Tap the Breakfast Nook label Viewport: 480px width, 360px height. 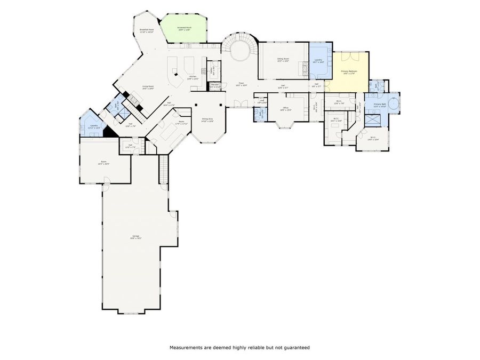click(147, 31)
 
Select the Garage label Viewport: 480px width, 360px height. click(136, 237)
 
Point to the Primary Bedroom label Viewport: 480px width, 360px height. click(349, 71)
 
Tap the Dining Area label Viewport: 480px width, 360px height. click(207, 120)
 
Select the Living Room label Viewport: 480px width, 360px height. click(148, 87)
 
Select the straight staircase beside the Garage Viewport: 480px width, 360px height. click(163, 169)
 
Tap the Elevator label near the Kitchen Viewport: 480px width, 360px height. click(215, 85)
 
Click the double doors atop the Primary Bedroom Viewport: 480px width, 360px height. click(349, 55)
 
